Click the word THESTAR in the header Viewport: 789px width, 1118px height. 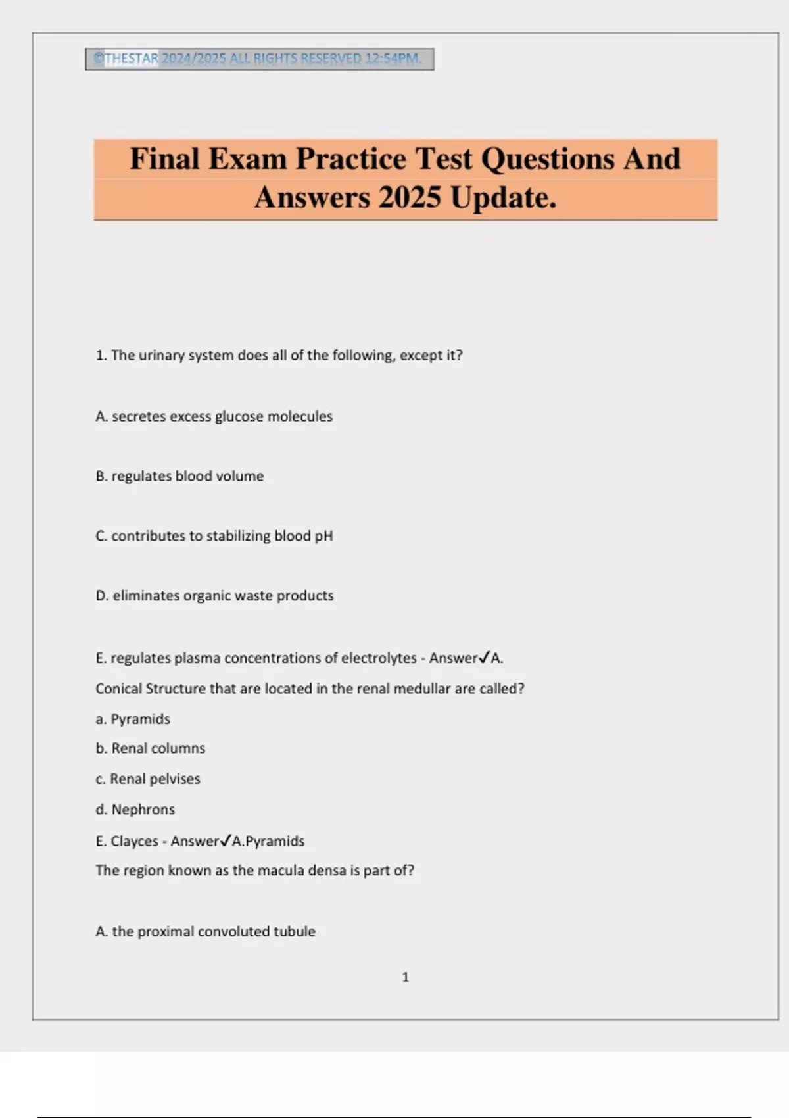[x=131, y=59]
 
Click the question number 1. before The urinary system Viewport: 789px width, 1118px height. [x=101, y=355]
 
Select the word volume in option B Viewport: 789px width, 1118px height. [x=241, y=476]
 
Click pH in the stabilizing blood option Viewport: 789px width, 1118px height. [x=323, y=536]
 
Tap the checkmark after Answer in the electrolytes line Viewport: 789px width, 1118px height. [x=484, y=657]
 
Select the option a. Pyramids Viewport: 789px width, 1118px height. [x=133, y=719]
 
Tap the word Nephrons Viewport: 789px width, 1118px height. [x=143, y=810]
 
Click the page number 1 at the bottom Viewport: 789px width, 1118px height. [x=405, y=977]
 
